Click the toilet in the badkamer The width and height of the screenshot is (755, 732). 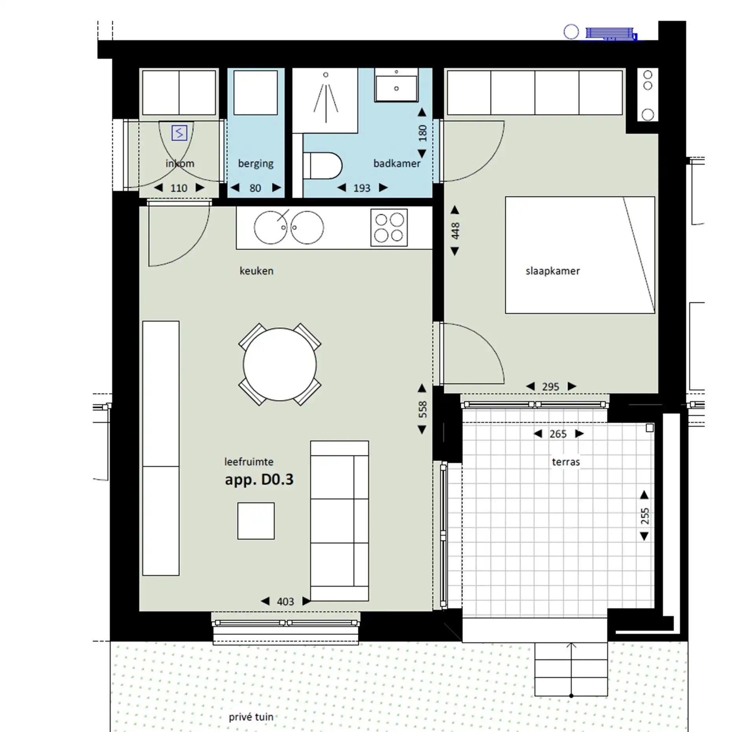point(322,166)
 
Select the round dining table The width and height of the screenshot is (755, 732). point(280,364)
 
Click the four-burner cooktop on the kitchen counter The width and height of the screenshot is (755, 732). point(389,227)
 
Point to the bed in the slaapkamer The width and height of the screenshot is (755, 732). point(580,255)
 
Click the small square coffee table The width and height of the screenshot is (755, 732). point(256,521)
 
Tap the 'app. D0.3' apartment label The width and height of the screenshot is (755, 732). point(259,480)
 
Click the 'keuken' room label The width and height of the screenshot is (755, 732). point(256,271)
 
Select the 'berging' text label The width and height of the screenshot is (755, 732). point(256,163)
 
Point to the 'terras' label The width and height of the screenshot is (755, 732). point(566,462)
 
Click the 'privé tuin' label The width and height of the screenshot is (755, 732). point(251,717)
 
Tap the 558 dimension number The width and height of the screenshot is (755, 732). point(422,409)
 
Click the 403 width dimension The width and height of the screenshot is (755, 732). point(285,602)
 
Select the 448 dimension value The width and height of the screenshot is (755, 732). point(455,231)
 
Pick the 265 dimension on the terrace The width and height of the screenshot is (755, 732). point(558,434)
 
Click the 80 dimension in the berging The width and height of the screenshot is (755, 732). point(255,188)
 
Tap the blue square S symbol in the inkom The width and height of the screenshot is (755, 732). point(179,133)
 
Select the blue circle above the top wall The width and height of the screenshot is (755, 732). point(571,32)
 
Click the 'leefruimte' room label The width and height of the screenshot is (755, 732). point(249,462)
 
